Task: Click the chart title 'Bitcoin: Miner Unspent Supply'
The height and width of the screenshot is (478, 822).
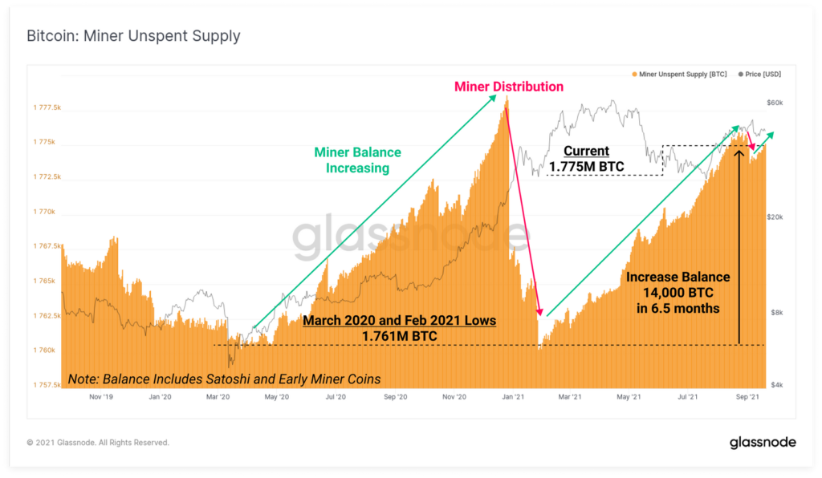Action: pyautogui.click(x=133, y=36)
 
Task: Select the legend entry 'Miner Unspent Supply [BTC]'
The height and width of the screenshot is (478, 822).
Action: pyautogui.click(x=682, y=74)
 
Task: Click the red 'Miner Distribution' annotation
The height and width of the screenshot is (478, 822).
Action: pyautogui.click(x=509, y=87)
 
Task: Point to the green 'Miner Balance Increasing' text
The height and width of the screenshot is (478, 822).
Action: pyautogui.click(x=357, y=160)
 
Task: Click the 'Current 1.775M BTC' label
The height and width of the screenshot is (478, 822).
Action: pyautogui.click(x=586, y=159)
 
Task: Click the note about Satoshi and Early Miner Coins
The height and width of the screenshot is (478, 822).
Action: pyautogui.click(x=224, y=379)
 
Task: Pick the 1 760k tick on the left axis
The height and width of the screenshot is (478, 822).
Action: pyautogui.click(x=44, y=350)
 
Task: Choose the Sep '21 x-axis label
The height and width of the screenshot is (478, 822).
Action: pyautogui.click(x=748, y=396)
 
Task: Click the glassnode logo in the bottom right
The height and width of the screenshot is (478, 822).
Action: pyautogui.click(x=762, y=443)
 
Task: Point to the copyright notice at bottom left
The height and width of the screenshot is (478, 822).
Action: pyautogui.click(x=98, y=443)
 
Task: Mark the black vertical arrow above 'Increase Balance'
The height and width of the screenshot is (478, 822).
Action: pyautogui.click(x=739, y=241)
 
